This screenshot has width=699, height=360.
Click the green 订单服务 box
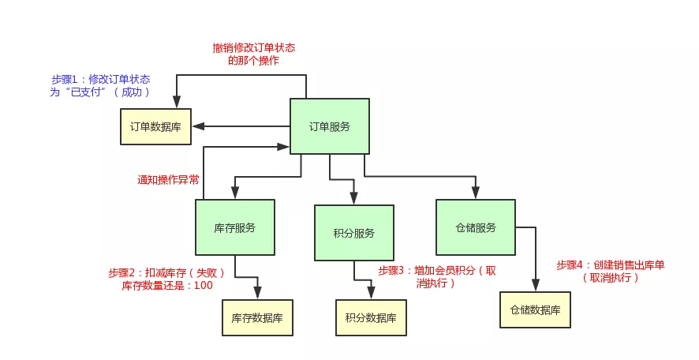pos(329,126)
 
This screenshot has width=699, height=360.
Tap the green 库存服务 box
pos(234,227)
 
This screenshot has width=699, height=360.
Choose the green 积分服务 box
pos(353,233)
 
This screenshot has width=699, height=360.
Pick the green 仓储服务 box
pos(475,227)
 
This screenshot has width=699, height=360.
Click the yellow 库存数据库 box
pos(257,318)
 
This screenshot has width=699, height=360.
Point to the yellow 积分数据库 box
pos(371,318)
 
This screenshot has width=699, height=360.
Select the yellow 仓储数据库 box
pos(535,310)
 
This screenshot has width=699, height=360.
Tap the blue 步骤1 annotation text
pos(100,85)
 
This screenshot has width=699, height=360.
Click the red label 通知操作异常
pos(168,179)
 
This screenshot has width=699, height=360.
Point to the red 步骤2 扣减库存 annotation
pos(166,279)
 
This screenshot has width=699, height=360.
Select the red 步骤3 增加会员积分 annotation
pos(436,276)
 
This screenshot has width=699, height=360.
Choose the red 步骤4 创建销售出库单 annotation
pos(610,271)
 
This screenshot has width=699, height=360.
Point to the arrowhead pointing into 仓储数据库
pos(535,287)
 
